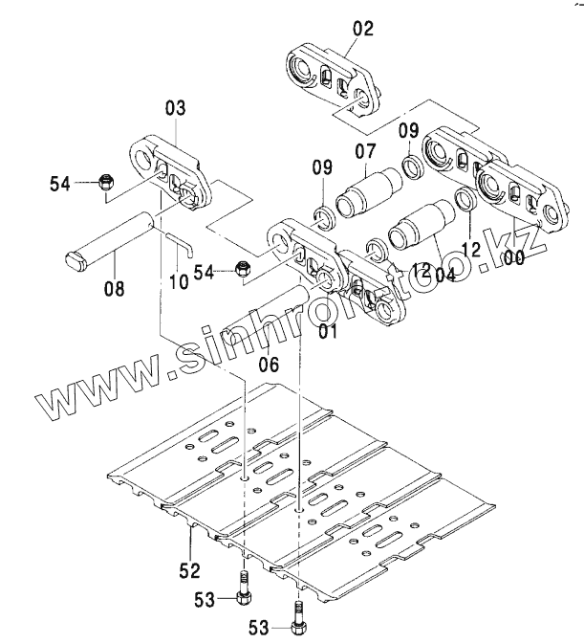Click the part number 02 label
pos(363,28)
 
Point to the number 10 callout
pos(178,283)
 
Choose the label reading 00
pos(513,258)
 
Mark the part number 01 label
pos(329,332)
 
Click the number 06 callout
pos(269,364)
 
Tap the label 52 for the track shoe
pos(189,571)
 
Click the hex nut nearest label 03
pos(108,184)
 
